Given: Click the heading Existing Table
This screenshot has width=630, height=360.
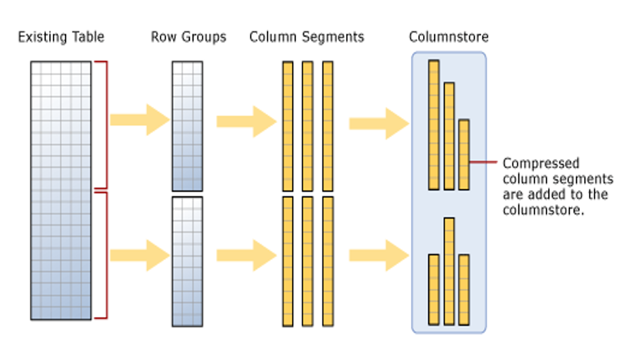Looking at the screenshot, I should [61, 37].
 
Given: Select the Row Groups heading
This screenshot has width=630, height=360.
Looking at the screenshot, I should [188, 37].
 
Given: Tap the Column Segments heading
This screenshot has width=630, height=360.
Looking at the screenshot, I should [307, 37].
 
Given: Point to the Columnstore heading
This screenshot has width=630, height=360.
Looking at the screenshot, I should [449, 37].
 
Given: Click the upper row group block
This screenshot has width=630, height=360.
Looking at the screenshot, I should [187, 126].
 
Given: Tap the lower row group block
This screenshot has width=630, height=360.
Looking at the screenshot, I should [187, 261].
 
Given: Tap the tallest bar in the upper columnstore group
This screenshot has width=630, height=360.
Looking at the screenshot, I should [433, 124].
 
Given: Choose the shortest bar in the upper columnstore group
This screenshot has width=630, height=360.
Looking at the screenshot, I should [464, 154].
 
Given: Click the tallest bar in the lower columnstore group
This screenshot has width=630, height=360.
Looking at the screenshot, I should [449, 271].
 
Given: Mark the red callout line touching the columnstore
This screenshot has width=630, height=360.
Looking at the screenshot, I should [484, 162].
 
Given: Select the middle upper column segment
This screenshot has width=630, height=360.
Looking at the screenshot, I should [307, 126].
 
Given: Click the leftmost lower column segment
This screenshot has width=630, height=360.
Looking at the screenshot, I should [288, 261].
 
